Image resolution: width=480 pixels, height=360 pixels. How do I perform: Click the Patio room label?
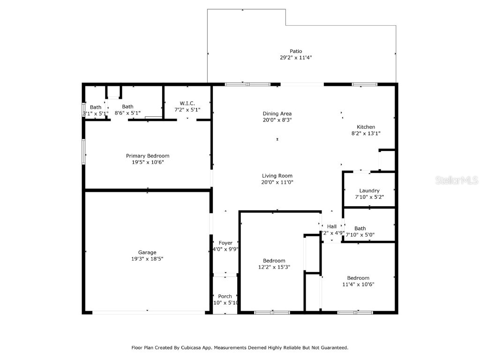coord(295,51)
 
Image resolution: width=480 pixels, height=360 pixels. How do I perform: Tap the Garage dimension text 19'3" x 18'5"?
coord(147,259)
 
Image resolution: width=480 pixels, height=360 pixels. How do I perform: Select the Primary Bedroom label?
coord(147,156)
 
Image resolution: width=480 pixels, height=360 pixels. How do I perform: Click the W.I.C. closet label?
coord(187,103)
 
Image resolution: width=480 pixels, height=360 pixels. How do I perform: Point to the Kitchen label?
coord(366,127)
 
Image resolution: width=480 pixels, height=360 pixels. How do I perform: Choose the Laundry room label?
coord(369,191)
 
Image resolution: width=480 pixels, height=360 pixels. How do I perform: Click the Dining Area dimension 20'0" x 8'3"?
coord(277,120)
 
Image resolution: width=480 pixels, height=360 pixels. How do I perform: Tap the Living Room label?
coord(277,176)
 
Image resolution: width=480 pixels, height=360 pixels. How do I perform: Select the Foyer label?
coord(225,243)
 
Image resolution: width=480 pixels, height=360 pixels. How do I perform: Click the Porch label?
coord(225,296)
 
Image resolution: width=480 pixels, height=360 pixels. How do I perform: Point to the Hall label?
coord(332,226)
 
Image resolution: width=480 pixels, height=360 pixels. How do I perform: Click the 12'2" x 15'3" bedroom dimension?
coord(274,267)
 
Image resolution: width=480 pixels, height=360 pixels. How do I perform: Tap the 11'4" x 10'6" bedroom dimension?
coord(358,284)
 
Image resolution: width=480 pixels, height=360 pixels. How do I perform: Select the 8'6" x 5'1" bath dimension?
coord(127,113)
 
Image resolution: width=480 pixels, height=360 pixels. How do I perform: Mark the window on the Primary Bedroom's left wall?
coord(83,151)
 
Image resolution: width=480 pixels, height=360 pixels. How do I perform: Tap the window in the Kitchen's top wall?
coord(364,84)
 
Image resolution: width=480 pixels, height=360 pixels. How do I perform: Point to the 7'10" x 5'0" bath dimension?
coord(360,235)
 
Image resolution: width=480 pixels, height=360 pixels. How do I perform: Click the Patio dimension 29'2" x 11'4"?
coord(295,58)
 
